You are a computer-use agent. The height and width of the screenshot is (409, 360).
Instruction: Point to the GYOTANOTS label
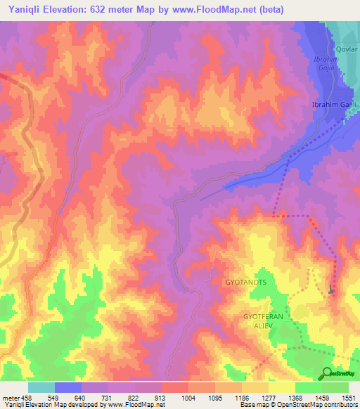245,282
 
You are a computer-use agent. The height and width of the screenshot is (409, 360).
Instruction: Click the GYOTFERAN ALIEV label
263,322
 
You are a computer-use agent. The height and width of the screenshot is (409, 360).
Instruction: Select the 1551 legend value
349,398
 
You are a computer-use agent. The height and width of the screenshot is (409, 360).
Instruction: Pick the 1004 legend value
188,398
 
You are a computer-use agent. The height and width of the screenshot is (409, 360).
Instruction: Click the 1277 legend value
269,398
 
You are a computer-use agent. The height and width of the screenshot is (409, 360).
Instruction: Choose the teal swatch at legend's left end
41,387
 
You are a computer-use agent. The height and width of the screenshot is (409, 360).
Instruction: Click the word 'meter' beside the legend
10,398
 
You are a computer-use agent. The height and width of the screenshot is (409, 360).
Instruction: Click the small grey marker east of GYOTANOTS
331,289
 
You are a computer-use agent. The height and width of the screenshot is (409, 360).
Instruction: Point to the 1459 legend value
322,398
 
